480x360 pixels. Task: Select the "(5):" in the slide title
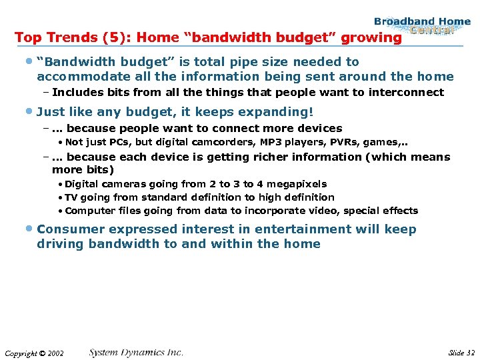(125, 38)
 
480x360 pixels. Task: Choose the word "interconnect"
(410, 93)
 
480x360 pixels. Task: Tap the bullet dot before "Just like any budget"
(30, 111)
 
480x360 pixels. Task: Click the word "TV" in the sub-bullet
(71, 197)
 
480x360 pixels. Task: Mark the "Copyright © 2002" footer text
(34, 353)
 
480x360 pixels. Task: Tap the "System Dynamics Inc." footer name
(136, 352)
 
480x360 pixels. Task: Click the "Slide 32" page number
(461, 352)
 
